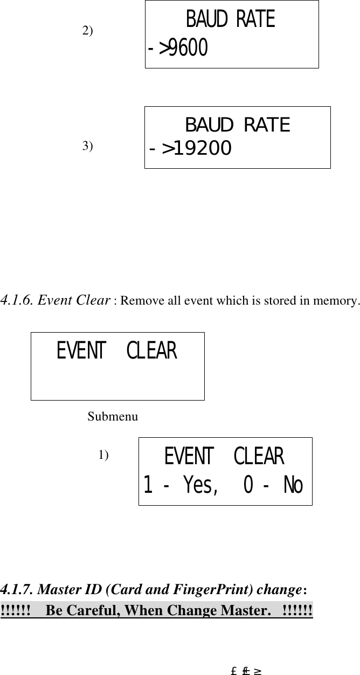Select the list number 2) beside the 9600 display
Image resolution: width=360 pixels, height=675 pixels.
[x=87, y=30]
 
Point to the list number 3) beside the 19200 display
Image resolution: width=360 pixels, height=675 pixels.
[x=87, y=146]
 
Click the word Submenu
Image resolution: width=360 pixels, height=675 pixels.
[x=113, y=416]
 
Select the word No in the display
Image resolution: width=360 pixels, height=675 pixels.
[x=293, y=486]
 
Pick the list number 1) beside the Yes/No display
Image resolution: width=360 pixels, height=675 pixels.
[x=103, y=455]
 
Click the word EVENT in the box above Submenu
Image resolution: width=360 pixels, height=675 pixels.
[x=81, y=352]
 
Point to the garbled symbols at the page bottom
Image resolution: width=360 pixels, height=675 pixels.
[x=246, y=671]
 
